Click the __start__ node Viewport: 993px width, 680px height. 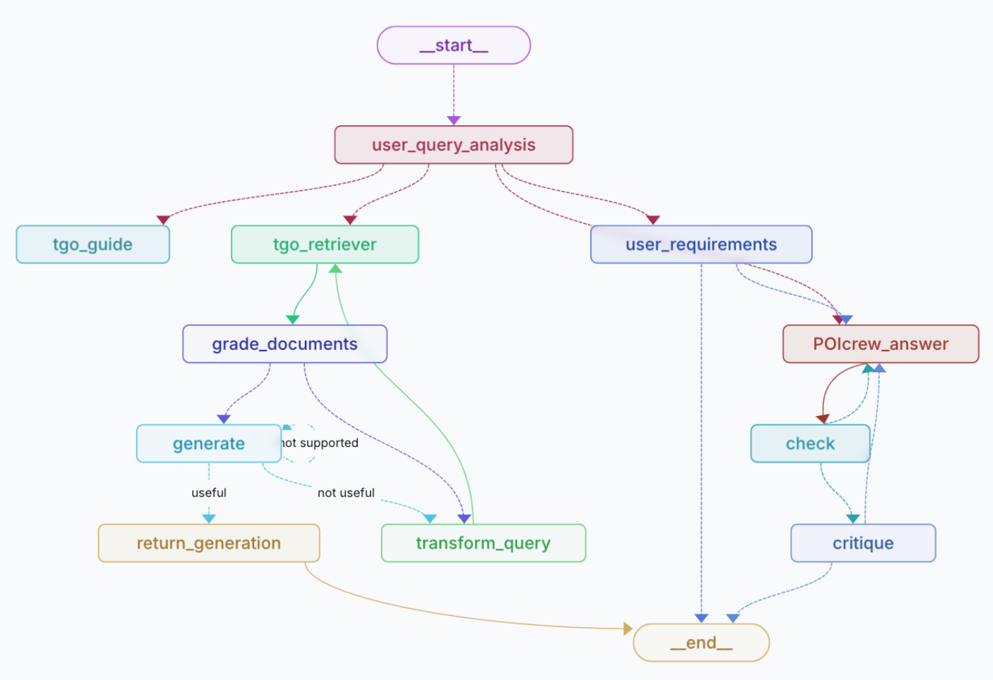454,45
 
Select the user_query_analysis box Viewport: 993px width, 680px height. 454,145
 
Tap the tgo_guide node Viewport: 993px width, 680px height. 92,244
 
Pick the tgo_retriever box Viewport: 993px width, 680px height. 325,244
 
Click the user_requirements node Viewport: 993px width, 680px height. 701,244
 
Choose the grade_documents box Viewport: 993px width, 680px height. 285,344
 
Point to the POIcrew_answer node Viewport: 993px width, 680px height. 881,344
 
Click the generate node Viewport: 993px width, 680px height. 209,443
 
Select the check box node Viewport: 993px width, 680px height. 810,443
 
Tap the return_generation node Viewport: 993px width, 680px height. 209,543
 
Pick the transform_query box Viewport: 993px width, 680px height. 483,543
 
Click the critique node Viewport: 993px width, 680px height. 863,543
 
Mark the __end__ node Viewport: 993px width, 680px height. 701,643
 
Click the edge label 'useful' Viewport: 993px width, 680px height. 209,493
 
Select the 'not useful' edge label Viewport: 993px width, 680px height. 346,493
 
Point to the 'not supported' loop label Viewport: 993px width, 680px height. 320,443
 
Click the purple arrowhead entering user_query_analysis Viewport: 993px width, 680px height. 454,121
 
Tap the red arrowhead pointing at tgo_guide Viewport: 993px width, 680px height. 163,220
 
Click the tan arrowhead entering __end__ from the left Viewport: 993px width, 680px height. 628,628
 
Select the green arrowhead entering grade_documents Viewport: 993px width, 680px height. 292,320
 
